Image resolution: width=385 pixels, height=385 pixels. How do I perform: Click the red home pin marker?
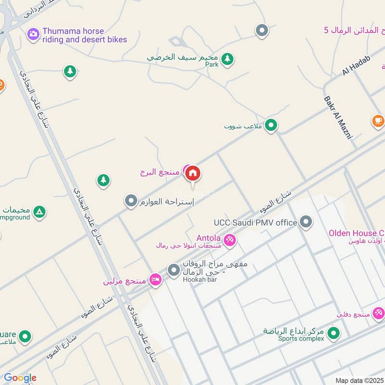(x=193, y=173)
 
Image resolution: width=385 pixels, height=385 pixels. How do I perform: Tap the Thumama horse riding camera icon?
(x=33, y=34)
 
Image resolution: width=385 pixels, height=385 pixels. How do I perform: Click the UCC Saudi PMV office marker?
(x=306, y=222)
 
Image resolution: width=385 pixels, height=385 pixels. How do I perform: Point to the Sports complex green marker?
(x=332, y=333)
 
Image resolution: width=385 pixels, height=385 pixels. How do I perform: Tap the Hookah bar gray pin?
(x=173, y=270)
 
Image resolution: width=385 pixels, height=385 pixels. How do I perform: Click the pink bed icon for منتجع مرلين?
(x=155, y=280)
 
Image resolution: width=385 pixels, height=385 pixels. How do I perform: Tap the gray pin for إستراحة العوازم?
(x=131, y=201)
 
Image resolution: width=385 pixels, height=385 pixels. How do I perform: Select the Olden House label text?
(x=356, y=233)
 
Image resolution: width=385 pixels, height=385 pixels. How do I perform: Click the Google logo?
(x=20, y=378)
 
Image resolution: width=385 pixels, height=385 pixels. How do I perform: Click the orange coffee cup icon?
(x=378, y=120)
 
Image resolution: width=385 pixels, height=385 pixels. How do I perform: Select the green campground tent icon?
(x=39, y=211)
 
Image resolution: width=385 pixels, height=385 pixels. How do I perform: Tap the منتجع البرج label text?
(x=160, y=171)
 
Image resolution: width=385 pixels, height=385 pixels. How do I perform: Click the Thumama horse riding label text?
(x=85, y=35)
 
